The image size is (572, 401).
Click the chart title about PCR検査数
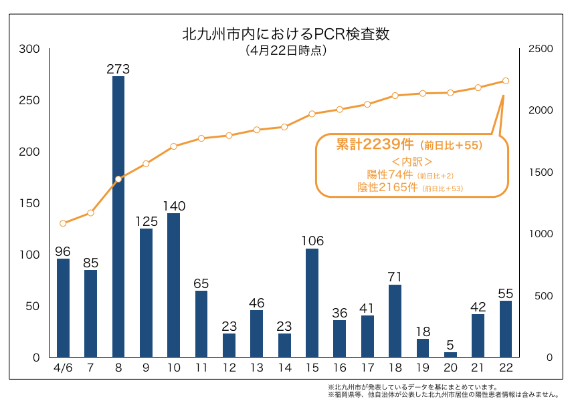click(286, 33)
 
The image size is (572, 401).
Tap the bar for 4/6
click(63, 307)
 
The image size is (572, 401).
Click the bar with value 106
click(312, 302)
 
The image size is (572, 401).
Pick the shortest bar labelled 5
click(450, 354)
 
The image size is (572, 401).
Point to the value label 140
click(174, 206)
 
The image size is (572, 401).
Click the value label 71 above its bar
click(395, 277)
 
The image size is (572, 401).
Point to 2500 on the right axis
click(541, 49)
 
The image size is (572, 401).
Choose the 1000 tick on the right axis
click(541, 234)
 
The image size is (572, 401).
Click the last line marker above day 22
click(506, 81)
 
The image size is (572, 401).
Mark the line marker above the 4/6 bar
click(63, 223)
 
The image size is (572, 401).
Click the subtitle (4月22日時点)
click(286, 50)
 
